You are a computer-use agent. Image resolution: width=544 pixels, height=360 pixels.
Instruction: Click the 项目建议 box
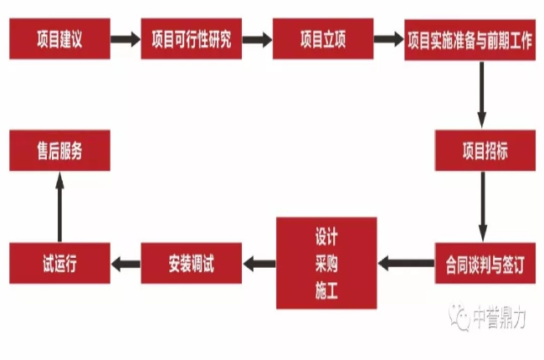click(x=59, y=39)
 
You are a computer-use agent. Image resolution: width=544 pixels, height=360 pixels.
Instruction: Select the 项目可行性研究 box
click(x=192, y=39)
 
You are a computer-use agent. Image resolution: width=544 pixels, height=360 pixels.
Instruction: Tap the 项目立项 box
click(x=322, y=39)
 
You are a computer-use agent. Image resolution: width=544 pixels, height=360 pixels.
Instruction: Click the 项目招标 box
click(x=485, y=151)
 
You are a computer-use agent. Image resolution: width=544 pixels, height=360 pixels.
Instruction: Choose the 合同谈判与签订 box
click(x=485, y=265)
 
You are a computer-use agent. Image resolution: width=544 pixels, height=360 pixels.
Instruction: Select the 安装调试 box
click(x=191, y=265)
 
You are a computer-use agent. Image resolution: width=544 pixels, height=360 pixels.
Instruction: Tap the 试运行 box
click(x=59, y=265)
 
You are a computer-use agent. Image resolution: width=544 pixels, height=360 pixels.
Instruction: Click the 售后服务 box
click(x=59, y=152)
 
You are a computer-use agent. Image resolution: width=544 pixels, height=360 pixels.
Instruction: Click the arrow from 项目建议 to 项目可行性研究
click(x=125, y=39)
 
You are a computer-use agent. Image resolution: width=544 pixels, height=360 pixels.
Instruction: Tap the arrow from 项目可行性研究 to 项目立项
click(x=257, y=39)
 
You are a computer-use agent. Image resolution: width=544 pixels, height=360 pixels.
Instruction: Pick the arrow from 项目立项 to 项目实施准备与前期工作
click(x=388, y=39)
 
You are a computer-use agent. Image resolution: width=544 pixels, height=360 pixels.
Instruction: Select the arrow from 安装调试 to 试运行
click(x=126, y=265)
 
